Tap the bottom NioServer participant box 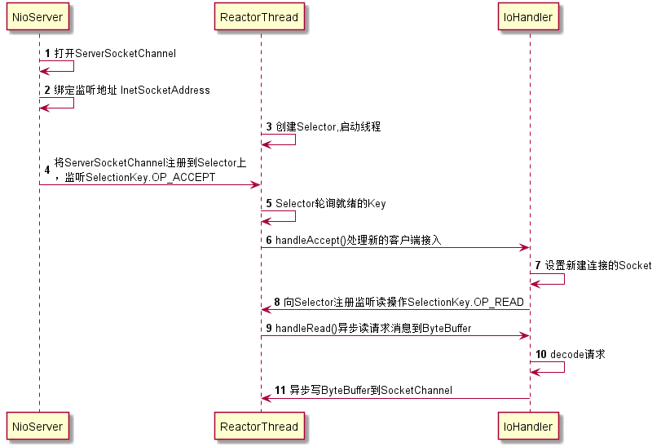click(x=38, y=426)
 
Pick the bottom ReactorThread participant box click(x=260, y=426)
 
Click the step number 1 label click(x=47, y=54)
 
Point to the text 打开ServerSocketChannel click(x=115, y=54)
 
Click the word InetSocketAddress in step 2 click(x=165, y=90)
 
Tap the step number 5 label click(x=269, y=203)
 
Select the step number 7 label click(x=538, y=265)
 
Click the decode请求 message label click(x=577, y=354)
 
